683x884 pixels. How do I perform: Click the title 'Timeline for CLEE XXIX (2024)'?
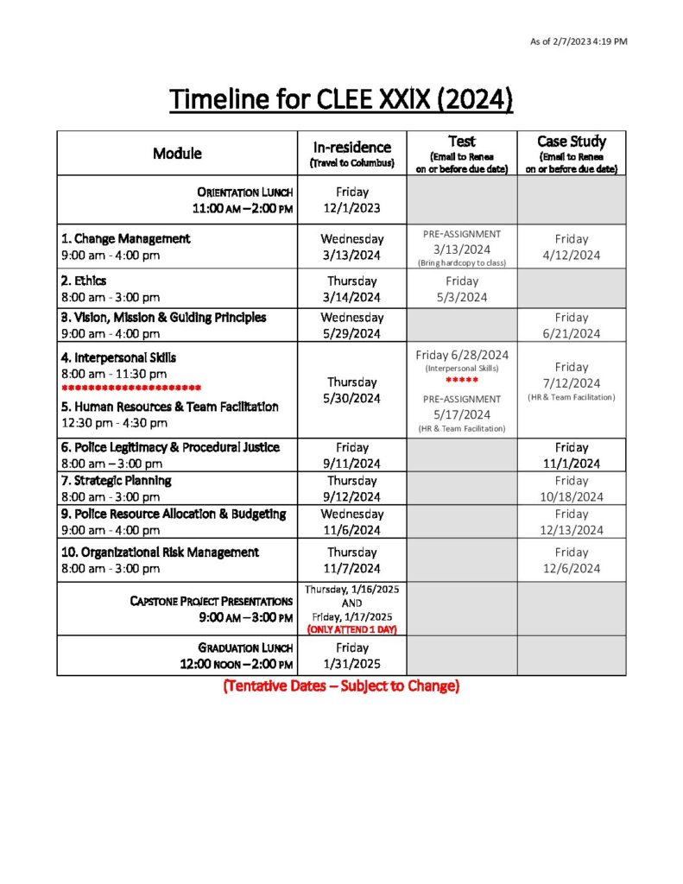pyautogui.click(x=341, y=100)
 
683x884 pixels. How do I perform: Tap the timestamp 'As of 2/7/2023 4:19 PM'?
pyautogui.click(x=578, y=41)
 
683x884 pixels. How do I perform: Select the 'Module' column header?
pyautogui.click(x=177, y=154)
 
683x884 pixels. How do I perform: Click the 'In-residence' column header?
pyautogui.click(x=351, y=147)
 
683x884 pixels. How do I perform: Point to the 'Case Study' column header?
pyautogui.click(x=571, y=142)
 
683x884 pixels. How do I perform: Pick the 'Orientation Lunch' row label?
pyautogui.click(x=244, y=192)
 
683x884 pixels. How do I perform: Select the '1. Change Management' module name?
pyautogui.click(x=126, y=238)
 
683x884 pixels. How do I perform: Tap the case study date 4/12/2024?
pyautogui.click(x=572, y=256)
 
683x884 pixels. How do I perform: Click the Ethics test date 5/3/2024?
pyautogui.click(x=462, y=297)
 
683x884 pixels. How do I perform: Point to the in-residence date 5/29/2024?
pyautogui.click(x=351, y=333)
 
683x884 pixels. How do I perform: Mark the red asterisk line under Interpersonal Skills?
pyautogui.click(x=131, y=388)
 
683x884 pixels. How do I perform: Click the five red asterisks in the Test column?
pyautogui.click(x=462, y=381)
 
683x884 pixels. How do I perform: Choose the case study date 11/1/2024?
pyautogui.click(x=572, y=464)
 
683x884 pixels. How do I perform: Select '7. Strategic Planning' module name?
pyautogui.click(x=116, y=480)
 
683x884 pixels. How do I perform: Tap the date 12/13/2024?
pyautogui.click(x=572, y=530)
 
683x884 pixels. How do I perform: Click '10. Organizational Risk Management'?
pyautogui.click(x=160, y=552)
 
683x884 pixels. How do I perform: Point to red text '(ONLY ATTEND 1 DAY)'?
pyautogui.click(x=351, y=629)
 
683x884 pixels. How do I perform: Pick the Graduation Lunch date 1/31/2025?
pyautogui.click(x=351, y=664)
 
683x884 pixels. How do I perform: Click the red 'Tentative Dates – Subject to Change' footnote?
pyautogui.click(x=341, y=686)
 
